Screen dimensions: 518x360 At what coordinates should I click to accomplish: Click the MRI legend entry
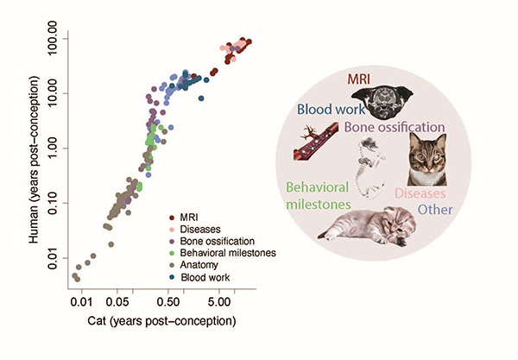(x=184, y=218)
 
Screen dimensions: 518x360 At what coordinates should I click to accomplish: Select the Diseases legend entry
(x=194, y=230)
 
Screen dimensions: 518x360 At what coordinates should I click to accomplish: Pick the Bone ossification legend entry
(x=212, y=241)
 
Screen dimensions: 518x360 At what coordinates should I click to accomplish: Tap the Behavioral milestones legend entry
(x=223, y=253)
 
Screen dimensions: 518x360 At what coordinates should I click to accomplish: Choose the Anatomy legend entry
(x=193, y=265)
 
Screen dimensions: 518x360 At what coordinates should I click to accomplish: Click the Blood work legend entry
(x=199, y=277)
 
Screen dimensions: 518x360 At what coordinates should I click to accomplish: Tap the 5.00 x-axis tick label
(x=219, y=301)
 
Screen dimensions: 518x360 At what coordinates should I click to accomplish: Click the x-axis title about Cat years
(x=162, y=321)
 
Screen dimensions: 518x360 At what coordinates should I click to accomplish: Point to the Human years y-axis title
(x=34, y=160)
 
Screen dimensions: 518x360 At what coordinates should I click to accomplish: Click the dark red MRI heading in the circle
(x=359, y=79)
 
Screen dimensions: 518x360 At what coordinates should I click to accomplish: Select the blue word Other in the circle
(x=435, y=210)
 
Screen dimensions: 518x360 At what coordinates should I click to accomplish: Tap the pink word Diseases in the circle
(x=420, y=193)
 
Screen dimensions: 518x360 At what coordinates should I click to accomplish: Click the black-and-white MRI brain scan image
(x=382, y=102)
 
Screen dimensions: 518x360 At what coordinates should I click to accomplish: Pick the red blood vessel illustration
(x=316, y=142)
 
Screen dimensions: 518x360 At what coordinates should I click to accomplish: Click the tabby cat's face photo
(x=427, y=159)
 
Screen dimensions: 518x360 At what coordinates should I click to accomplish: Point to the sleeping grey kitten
(x=367, y=226)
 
